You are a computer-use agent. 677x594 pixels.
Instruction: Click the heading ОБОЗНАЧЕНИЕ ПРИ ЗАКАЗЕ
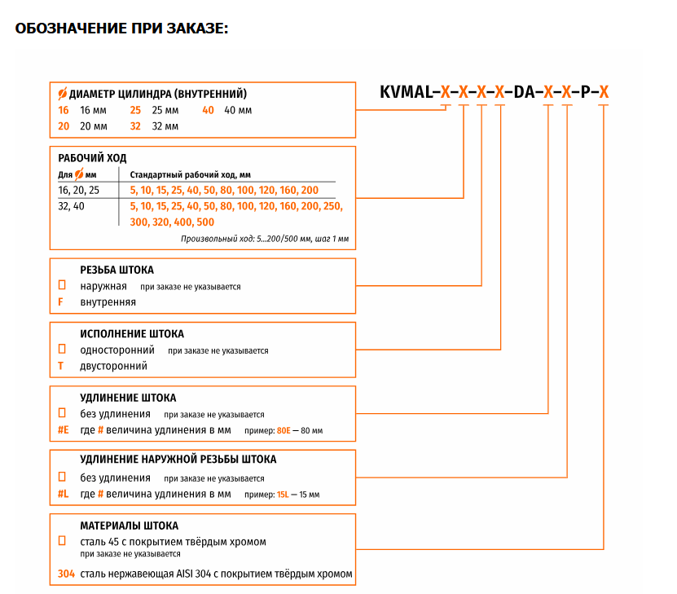121,29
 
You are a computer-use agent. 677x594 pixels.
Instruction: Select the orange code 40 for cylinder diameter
208,110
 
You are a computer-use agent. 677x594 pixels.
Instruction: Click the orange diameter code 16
64,110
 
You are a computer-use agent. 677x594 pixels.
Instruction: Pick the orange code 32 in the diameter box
135,126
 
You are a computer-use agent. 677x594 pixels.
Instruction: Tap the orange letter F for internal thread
60,301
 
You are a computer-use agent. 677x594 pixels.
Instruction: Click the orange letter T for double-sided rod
60,366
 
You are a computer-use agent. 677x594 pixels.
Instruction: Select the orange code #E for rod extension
64,430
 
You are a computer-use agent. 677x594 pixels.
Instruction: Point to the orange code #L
64,494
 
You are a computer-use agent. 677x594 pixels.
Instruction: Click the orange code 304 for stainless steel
67,574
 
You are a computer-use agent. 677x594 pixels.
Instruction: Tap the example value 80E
284,430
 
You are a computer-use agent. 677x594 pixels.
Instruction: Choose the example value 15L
283,495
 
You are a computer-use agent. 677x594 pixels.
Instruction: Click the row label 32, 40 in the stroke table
71,206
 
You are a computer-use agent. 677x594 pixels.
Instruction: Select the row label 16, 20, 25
78,191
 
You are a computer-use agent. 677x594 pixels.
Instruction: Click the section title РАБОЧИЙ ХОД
92,158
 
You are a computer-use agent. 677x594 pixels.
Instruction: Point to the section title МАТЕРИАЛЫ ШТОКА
129,526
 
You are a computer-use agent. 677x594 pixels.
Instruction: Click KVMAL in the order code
406,92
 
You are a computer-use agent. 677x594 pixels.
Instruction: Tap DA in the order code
524,92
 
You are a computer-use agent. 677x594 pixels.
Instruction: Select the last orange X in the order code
604,92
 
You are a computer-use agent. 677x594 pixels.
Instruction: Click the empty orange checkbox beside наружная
62,285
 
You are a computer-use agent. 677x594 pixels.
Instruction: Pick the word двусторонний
113,366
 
